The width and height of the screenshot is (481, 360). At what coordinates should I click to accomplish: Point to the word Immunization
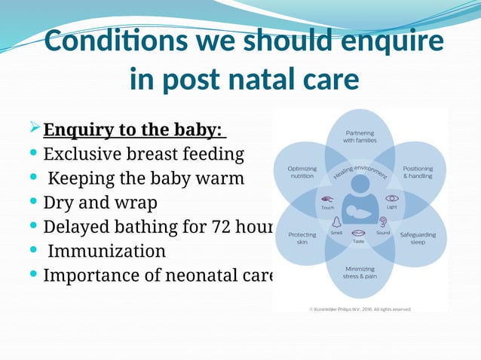[105, 250]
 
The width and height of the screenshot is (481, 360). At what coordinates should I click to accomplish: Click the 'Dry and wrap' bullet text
[100, 203]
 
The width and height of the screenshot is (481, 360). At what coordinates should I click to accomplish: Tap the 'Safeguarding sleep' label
[417, 238]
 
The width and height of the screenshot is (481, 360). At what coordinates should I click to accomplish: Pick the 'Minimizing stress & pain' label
[359, 273]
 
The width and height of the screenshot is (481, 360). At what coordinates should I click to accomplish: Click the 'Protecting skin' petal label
[302, 238]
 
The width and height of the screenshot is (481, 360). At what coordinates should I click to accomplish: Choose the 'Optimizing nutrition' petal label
[302, 172]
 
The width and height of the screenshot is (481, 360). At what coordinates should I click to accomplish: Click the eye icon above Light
[391, 197]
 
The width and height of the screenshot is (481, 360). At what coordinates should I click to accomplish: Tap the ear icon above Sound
[383, 222]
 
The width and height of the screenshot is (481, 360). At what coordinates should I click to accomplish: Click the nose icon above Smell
[335, 222]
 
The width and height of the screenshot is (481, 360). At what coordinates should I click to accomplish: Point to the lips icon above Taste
[359, 233]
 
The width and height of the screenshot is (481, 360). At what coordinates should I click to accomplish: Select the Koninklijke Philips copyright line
[359, 309]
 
